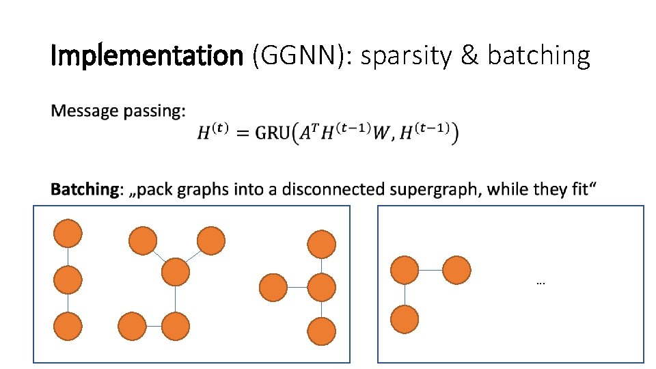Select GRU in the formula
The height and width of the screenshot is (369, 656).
(273, 133)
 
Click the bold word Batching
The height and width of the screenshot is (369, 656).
(84, 189)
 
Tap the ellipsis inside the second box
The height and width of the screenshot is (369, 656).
(541, 282)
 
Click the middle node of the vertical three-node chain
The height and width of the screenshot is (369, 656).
(68, 280)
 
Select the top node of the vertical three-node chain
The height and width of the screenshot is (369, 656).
(68, 234)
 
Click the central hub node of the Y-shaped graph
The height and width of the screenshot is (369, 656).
(176, 271)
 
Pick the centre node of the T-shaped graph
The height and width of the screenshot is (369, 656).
(321, 287)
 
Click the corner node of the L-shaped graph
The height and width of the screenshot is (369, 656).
(405, 270)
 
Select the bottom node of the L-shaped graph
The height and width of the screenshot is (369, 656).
(405, 319)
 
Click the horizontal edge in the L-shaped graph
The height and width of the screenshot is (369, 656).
(430, 270)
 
